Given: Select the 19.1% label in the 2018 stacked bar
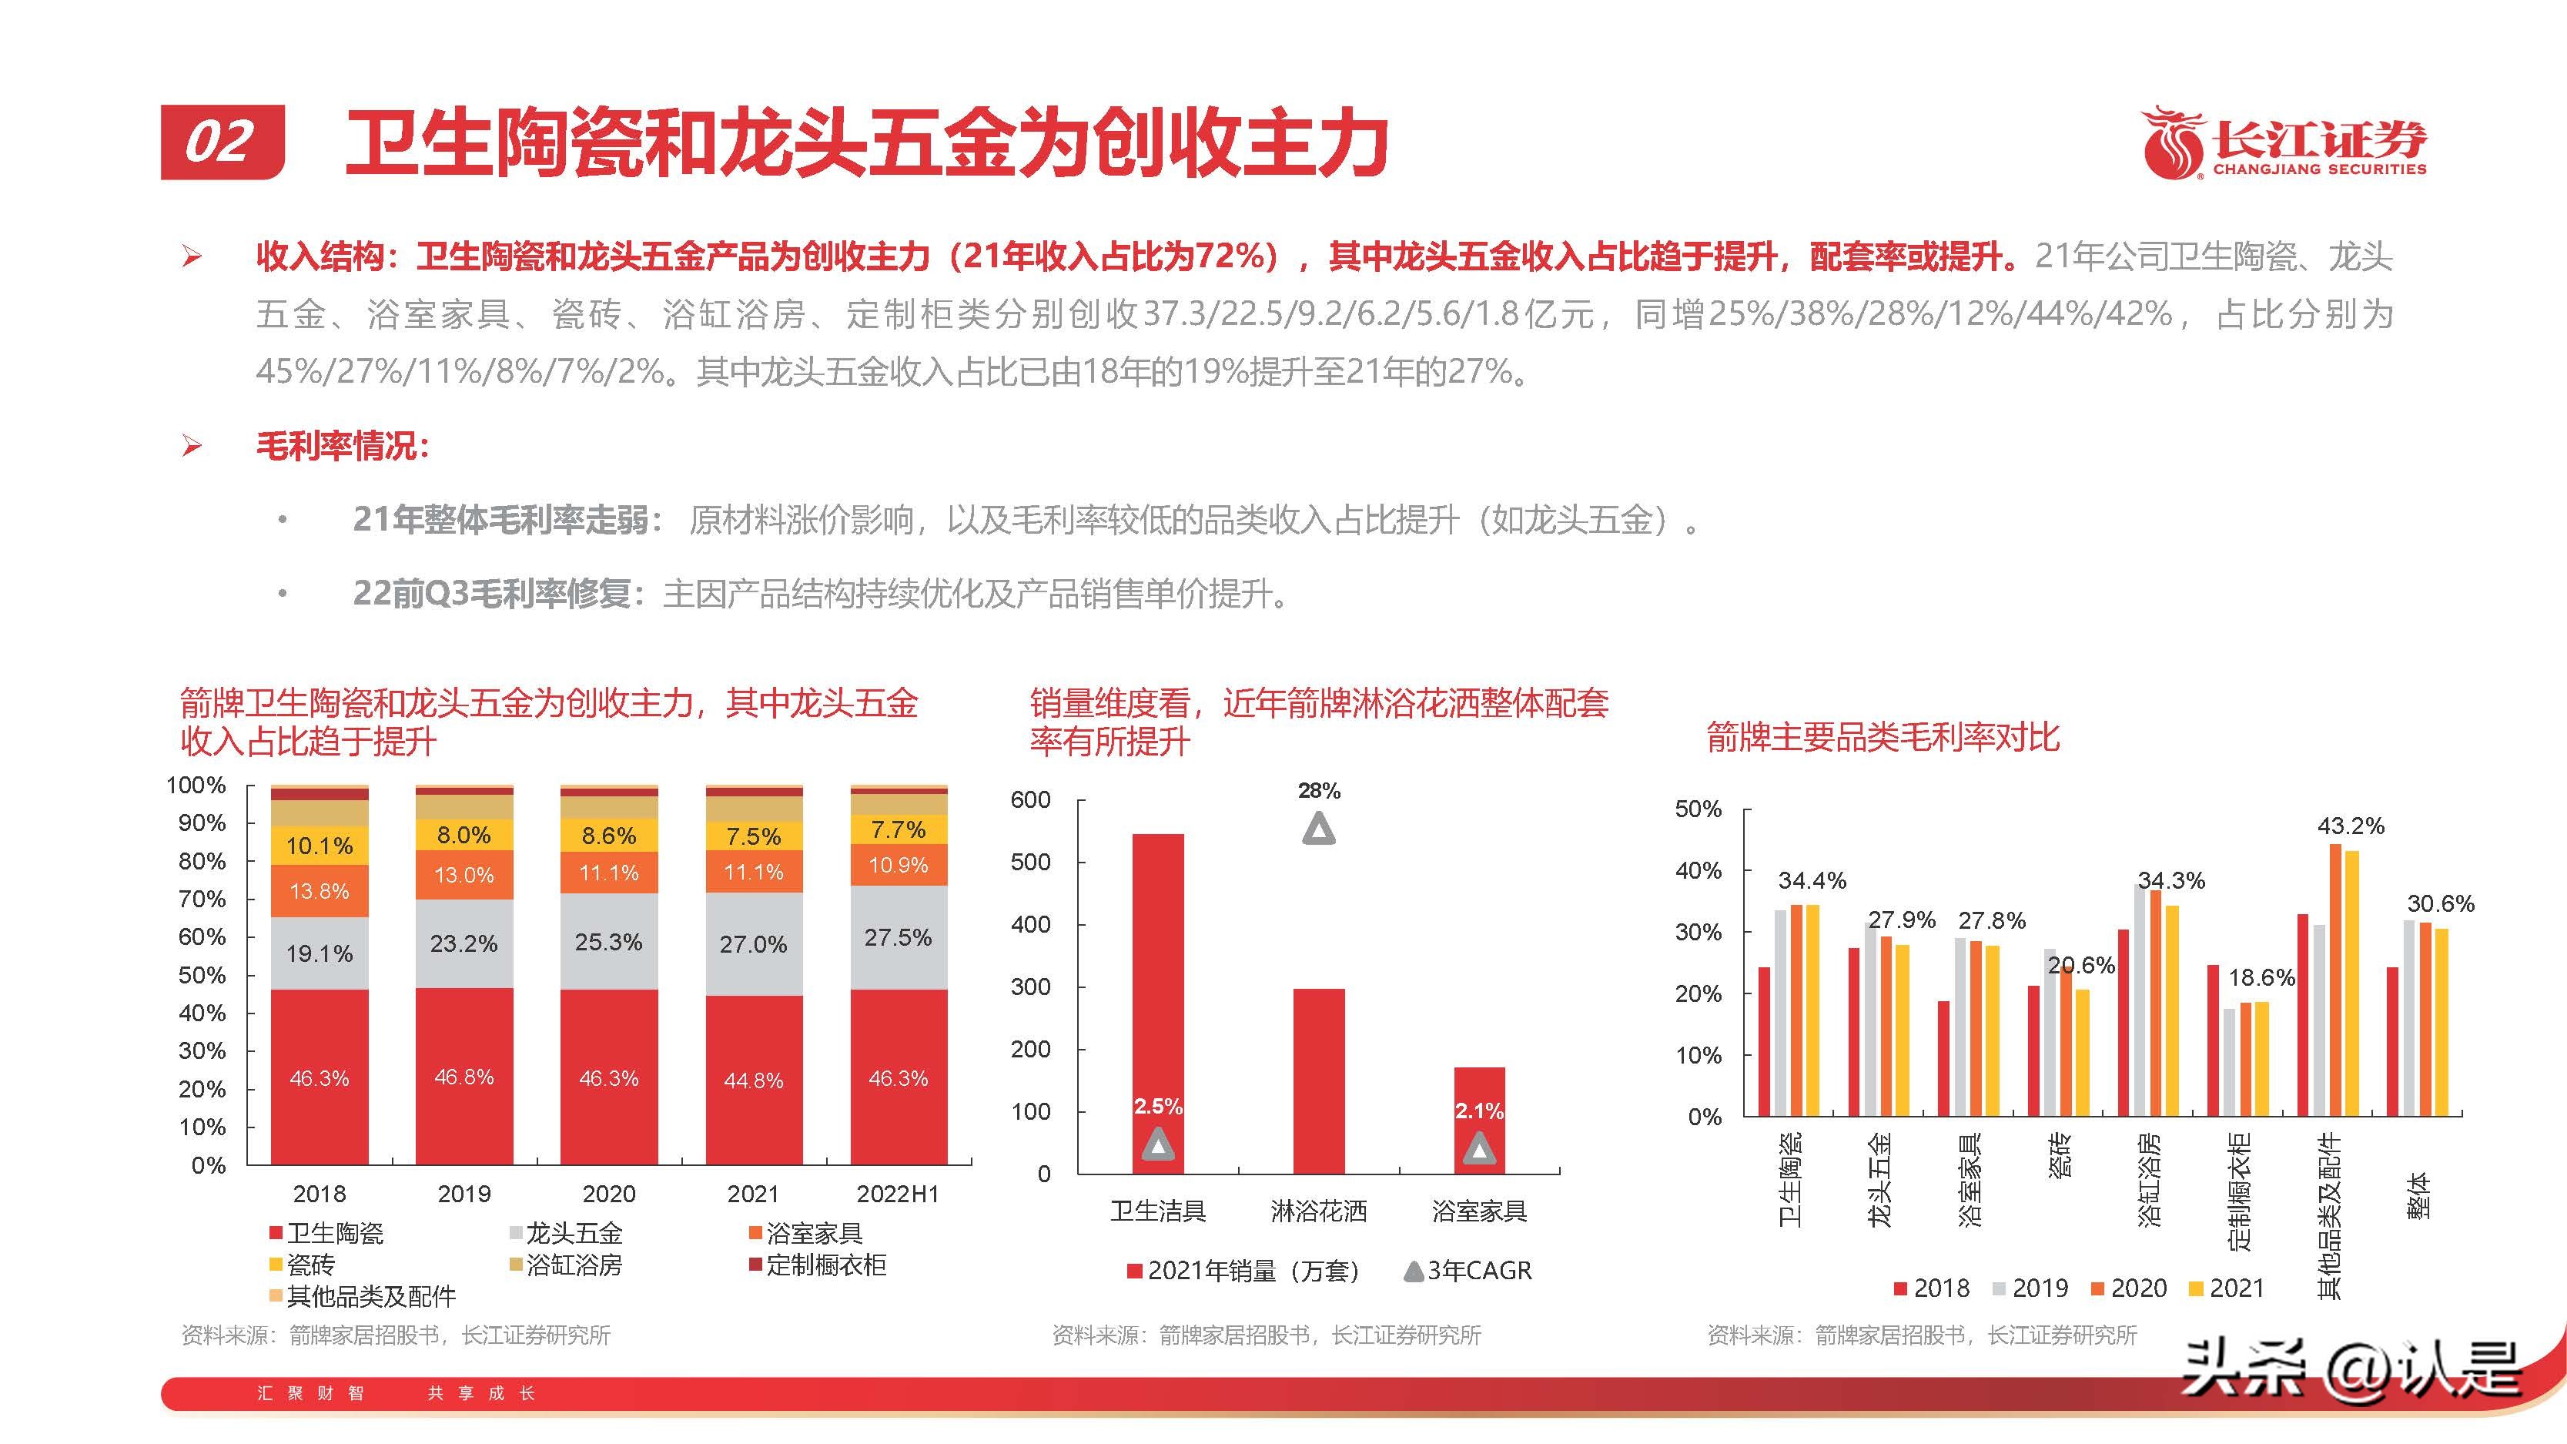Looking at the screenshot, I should pos(319,953).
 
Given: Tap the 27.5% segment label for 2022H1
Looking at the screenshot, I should pos(898,938).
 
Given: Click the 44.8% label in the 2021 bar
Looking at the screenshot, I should pos(753,1080).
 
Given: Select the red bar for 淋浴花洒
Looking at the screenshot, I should pos(1318,1080).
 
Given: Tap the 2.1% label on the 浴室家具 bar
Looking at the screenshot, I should pos(1479,1111).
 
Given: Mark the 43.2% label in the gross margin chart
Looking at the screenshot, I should pos(2351,826).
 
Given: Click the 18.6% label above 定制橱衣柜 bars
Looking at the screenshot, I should pos(2261,977).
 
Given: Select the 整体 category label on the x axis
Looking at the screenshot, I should pos(2421,1196).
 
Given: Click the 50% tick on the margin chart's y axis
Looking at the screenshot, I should pos(1698,809).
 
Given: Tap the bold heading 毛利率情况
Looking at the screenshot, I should pos(342,445).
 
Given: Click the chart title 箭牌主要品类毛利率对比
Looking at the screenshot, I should pos(1883,739).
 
